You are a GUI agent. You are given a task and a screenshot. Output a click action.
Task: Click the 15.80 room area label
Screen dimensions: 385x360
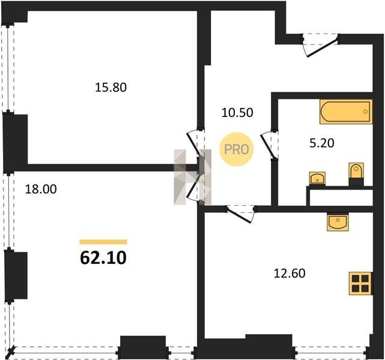(x=111, y=88)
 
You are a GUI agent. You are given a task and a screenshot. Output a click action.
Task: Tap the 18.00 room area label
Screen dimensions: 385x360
(x=41, y=189)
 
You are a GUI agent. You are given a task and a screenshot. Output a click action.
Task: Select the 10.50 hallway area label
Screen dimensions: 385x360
(x=237, y=113)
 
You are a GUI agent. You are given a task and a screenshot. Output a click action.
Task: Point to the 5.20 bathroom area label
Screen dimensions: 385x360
(x=322, y=143)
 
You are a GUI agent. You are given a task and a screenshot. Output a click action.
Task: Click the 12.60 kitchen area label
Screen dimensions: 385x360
(x=290, y=273)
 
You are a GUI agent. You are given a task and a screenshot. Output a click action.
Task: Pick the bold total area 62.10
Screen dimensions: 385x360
(x=103, y=258)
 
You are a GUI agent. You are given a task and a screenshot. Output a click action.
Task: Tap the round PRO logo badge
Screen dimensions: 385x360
(x=237, y=149)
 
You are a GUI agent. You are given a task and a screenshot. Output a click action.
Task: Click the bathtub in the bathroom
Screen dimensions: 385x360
(x=346, y=112)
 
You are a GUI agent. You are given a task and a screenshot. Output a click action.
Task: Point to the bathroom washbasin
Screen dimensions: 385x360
(x=318, y=178)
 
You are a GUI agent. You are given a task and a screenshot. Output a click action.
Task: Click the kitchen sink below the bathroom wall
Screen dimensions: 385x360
(x=338, y=223)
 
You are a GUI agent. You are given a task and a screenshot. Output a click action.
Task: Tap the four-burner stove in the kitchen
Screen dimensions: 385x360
(x=361, y=283)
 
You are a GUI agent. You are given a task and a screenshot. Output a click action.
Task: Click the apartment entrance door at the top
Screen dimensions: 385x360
(x=320, y=46)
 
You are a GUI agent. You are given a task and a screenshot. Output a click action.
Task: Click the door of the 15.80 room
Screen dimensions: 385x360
(x=196, y=143)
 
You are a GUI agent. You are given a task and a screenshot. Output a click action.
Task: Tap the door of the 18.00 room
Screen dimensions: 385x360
(x=196, y=187)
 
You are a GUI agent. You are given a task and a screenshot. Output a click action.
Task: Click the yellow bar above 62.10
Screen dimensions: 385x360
(x=103, y=242)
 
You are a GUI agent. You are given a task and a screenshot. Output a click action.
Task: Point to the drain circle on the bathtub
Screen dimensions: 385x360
(x=365, y=112)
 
